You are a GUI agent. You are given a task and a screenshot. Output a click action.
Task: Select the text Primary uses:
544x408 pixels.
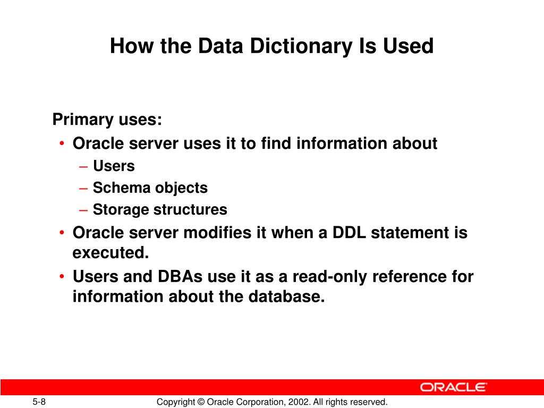(107, 120)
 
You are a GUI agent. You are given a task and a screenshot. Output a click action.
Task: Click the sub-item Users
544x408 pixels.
(114, 166)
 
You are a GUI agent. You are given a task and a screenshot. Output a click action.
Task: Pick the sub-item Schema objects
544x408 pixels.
(150, 188)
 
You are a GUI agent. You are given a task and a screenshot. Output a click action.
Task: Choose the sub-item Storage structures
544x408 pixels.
(160, 210)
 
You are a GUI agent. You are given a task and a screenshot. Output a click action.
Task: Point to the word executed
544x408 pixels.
(110, 253)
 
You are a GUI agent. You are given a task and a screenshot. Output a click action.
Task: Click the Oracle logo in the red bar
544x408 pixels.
(453, 387)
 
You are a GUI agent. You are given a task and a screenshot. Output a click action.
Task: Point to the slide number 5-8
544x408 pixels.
(39, 402)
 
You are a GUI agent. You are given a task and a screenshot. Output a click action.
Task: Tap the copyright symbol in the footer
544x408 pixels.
(200, 402)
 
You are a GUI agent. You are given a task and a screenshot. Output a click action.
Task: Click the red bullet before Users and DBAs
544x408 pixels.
(63, 277)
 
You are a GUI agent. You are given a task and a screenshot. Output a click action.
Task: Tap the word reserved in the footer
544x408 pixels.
(370, 402)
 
